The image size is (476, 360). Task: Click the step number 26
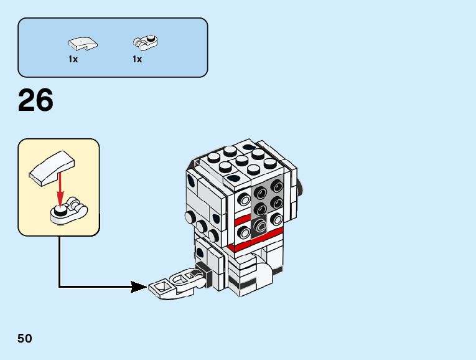[x=35, y=101]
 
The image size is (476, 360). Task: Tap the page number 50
[x=25, y=339]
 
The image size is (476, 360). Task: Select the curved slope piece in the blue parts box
[x=82, y=44]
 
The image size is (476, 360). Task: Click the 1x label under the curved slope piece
[x=73, y=60]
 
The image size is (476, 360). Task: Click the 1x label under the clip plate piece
[x=137, y=60]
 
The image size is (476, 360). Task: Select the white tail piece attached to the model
[x=171, y=285]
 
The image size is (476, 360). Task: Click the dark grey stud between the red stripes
[x=260, y=224]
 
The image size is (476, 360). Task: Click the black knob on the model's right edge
[x=301, y=186]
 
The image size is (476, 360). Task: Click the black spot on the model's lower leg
[x=200, y=253]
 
